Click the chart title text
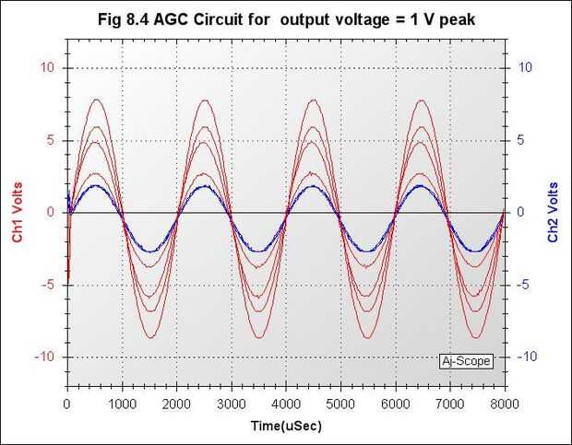[x=287, y=18]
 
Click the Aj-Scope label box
[x=466, y=361]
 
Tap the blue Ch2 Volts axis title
[x=553, y=212]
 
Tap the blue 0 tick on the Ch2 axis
[x=519, y=212]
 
